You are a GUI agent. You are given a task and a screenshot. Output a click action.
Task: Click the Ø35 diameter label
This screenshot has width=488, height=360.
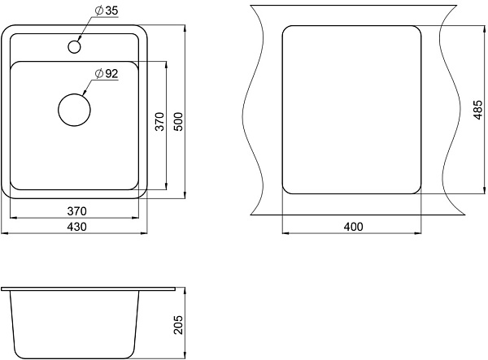point(107,11)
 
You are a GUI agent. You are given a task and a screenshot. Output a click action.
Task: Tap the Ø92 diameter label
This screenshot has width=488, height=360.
point(107,74)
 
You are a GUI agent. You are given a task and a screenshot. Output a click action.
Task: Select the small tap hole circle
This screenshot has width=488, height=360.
point(74,46)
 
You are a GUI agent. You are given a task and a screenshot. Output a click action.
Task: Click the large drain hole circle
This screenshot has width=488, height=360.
point(74,110)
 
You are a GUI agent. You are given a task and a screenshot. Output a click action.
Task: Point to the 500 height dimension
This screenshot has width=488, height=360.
point(179,122)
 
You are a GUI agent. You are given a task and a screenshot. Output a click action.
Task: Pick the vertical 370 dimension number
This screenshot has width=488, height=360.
point(159,122)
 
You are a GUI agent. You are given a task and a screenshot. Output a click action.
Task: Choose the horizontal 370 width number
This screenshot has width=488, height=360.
point(76,211)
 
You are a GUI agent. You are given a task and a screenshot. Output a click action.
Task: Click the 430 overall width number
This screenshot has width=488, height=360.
point(76,227)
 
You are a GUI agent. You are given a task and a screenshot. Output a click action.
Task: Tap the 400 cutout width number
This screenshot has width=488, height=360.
point(353,227)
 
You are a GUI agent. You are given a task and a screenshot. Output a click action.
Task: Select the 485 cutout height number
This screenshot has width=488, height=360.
point(478,110)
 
